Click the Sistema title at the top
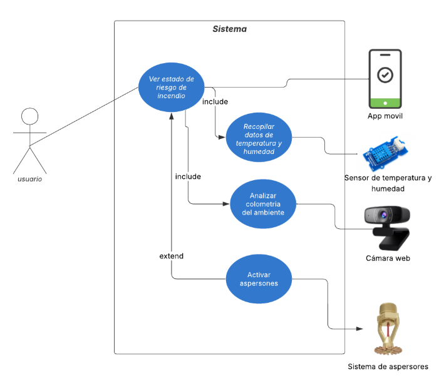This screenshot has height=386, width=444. point(229,29)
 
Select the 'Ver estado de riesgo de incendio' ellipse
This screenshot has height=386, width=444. point(171,88)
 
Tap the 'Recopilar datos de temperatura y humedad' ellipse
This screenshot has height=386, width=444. point(259,138)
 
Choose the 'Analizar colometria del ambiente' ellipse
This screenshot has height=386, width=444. point(263,203)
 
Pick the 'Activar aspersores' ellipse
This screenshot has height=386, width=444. point(259,278)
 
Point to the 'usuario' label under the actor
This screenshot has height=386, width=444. point(29,179)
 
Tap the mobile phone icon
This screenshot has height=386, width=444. point(385,79)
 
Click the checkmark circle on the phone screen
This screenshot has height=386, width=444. point(385,74)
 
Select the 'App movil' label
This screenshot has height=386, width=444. point(385,116)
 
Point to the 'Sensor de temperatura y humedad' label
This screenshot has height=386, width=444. point(388,183)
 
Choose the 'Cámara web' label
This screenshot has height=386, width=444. point(388,258)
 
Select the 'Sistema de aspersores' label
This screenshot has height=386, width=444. point(388,366)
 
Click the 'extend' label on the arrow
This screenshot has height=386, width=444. point(172,256)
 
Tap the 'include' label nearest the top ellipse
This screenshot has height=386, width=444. point(215,101)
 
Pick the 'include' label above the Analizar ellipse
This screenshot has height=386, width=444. point(188,176)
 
